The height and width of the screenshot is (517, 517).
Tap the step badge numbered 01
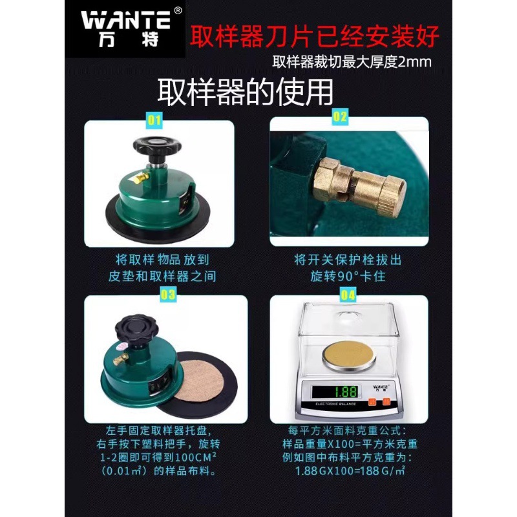155,120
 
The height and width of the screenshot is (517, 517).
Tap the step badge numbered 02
340,117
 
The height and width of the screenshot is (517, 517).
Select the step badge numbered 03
167,295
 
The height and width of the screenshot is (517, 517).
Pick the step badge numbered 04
348,295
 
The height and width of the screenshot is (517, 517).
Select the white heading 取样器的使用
246,91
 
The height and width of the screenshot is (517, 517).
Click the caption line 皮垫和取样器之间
162,276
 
